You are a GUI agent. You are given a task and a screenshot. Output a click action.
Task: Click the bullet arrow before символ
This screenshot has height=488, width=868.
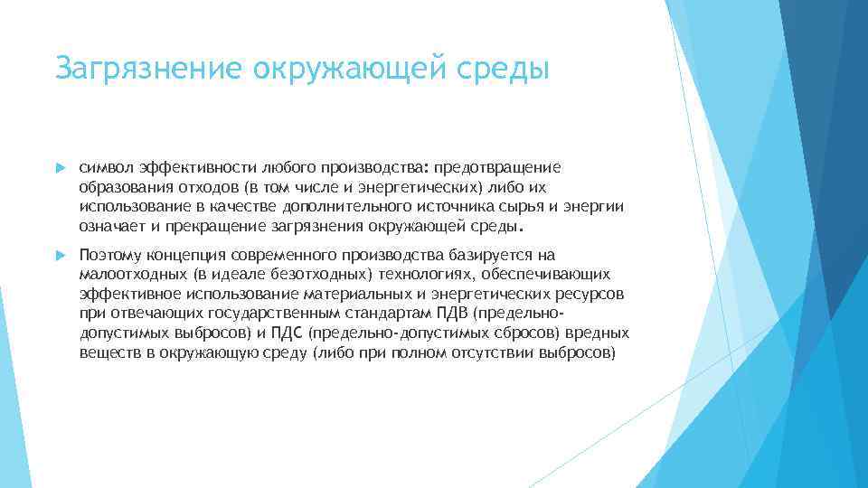(x=60, y=167)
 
